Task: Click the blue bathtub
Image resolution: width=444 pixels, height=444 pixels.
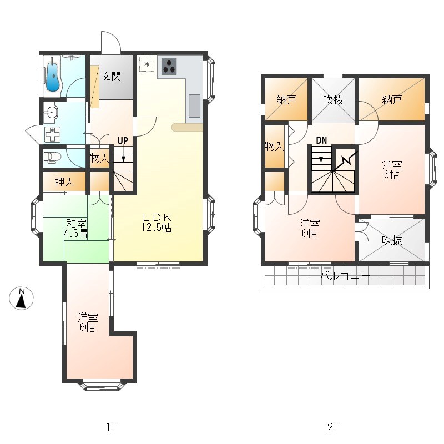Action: tap(52, 77)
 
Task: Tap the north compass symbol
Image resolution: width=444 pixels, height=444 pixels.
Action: tap(22, 299)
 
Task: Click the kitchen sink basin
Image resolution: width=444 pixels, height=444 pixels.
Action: tap(195, 105)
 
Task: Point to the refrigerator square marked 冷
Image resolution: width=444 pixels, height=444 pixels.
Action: tap(147, 64)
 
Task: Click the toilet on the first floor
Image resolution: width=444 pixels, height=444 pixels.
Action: tap(53, 158)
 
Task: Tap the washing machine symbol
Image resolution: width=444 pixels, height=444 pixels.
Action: tap(52, 134)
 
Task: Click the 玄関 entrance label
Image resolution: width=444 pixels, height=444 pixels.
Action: tap(112, 77)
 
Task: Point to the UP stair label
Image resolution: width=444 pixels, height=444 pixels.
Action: tap(123, 141)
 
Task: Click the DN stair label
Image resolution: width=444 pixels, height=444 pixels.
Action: tap(321, 140)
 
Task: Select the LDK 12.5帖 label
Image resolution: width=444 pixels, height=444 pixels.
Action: tap(157, 223)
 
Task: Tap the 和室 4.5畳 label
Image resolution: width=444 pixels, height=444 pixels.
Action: tap(76, 229)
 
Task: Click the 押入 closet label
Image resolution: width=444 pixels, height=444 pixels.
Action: tap(64, 182)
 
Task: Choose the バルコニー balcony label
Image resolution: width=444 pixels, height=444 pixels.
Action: tap(345, 275)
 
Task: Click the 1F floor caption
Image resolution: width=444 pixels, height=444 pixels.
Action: tap(112, 427)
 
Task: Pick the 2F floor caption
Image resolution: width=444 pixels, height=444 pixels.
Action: tap(333, 427)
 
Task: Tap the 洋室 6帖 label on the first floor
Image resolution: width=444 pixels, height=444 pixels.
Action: tap(88, 322)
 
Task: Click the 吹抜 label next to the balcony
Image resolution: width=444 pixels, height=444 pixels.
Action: tap(392, 240)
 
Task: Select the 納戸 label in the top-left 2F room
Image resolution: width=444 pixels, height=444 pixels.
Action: tap(286, 100)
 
